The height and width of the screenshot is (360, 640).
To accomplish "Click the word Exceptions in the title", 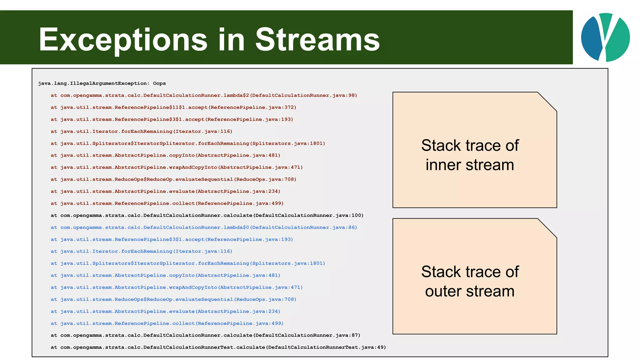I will tap(123, 40).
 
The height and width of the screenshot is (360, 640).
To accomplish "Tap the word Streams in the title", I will tap(317, 40).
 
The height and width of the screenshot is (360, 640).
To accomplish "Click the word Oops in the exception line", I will tap(159, 83).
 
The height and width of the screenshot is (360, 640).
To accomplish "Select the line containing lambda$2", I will tap(204, 95).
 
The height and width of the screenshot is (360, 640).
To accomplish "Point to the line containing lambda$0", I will tap(204, 227).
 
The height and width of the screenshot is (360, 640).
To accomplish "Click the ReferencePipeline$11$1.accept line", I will tap(173, 107).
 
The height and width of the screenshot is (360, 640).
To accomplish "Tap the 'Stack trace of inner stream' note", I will tap(470, 155).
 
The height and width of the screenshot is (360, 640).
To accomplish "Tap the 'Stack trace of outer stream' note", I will tap(470, 281).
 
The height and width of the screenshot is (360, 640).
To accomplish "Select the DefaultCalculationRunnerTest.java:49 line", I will tap(218, 347).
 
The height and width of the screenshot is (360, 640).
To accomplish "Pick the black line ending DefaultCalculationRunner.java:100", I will tap(207, 216).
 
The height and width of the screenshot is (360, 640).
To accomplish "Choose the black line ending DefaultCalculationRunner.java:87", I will tap(205, 335).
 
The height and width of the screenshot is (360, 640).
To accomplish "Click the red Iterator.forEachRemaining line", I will tap(142, 132).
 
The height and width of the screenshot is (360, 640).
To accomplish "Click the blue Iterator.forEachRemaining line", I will tap(142, 252).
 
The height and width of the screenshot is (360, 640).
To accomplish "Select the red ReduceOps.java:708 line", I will tap(173, 179).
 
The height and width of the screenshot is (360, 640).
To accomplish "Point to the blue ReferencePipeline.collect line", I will tap(167, 323).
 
